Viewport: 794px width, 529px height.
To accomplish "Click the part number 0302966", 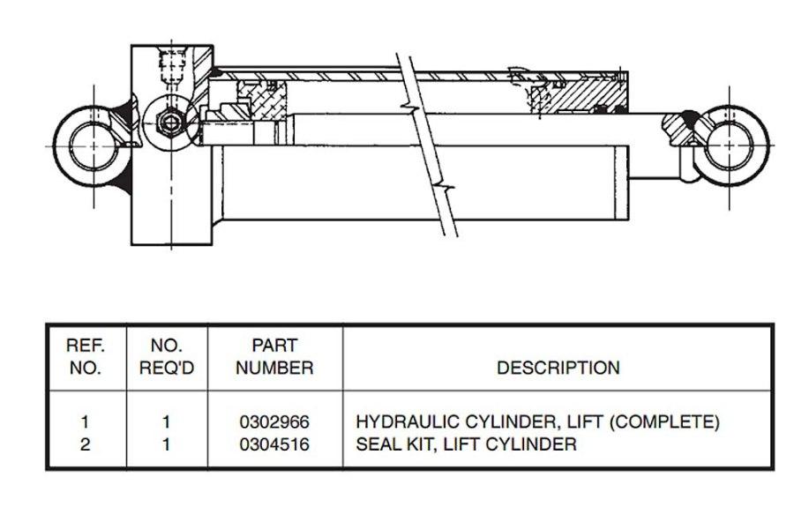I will coord(274,422).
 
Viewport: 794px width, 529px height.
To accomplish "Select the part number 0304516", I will coord(274,445).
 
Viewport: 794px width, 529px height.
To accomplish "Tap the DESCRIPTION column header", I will coord(558,368).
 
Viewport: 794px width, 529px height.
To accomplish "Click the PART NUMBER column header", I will coord(274,357).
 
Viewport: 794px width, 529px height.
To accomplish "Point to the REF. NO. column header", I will coord(86,357).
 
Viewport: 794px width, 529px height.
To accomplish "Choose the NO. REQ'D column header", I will coord(166,357).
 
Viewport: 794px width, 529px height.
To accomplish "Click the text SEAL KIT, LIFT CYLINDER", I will coord(466,445).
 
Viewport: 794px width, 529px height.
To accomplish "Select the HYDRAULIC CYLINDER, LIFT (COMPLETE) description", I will coord(537,422).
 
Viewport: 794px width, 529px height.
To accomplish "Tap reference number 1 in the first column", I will coord(86,422).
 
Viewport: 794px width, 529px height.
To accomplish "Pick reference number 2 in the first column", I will coord(86,445).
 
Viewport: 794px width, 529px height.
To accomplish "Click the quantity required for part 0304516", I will coord(166,445).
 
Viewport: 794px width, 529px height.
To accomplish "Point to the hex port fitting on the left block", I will coord(169,120).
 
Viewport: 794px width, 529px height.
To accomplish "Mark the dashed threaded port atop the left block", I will coord(169,65).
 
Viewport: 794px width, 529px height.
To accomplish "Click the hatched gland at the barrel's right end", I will coord(591,93).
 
